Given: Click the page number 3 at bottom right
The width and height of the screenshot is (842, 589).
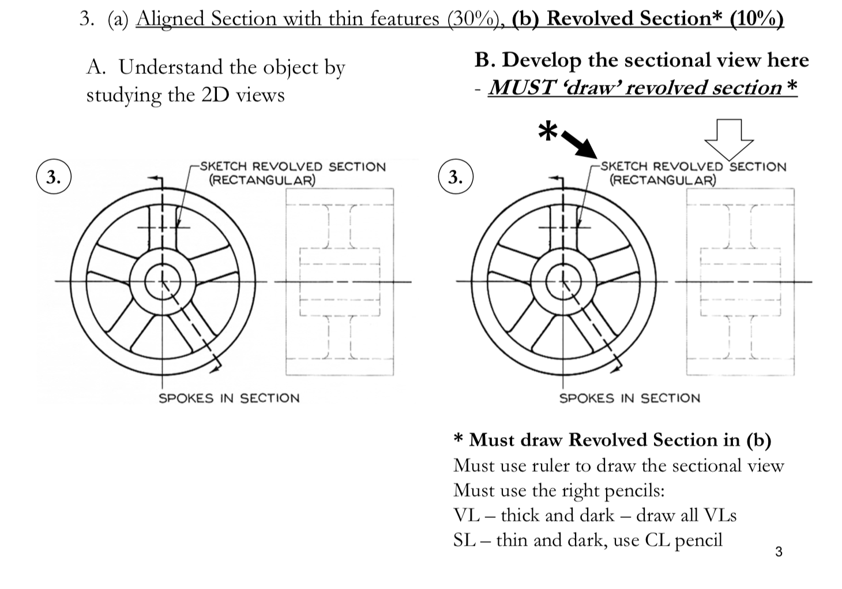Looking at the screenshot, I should coord(779,552).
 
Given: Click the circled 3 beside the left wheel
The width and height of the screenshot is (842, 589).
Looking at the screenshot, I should coord(54,177).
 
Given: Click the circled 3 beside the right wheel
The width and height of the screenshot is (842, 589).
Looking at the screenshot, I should coord(456,177).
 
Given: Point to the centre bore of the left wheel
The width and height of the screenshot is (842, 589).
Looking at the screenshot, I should coord(162,282).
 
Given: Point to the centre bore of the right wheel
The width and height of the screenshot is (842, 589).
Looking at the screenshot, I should coord(563,282).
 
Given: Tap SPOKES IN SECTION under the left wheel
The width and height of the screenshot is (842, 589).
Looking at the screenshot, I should coord(229,398).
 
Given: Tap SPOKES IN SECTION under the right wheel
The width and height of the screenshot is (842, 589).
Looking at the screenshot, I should coord(630,398).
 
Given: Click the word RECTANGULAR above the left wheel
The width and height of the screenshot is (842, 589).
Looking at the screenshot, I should coord(262,180).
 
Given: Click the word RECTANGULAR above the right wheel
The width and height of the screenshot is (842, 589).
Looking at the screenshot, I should coord(663,180).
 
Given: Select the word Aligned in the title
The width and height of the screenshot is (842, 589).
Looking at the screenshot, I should coord(170,19).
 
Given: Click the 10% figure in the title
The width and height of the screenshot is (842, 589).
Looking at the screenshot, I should coord(756,19).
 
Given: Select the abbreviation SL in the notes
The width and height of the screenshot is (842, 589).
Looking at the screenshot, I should coord(464,540).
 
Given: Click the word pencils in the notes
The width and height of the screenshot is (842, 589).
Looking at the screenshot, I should coord(634,491).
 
